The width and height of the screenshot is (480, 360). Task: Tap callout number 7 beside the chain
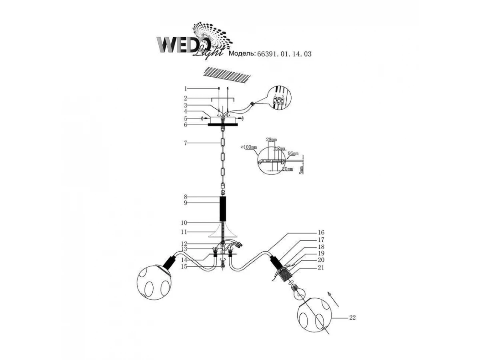pos(186,143)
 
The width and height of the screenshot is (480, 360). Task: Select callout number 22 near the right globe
pos(352,318)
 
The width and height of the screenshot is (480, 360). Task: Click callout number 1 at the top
pos(186,88)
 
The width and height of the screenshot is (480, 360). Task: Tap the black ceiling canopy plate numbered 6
pos(222,124)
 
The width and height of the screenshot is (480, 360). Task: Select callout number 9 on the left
pos(186,203)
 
